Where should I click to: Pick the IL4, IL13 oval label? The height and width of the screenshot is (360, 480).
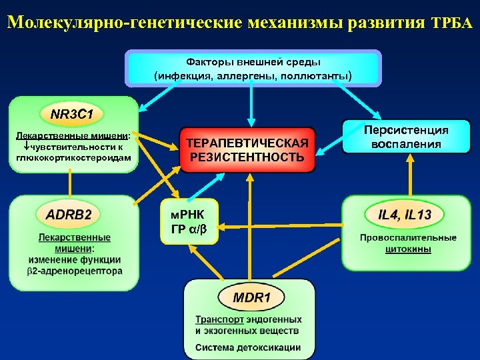click(x=405, y=215)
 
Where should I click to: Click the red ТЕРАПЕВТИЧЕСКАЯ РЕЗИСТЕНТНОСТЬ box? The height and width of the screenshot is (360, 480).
click(x=248, y=151)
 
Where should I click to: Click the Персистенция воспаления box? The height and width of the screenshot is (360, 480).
click(x=405, y=137)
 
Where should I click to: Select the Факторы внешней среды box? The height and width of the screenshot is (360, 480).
click(x=253, y=68)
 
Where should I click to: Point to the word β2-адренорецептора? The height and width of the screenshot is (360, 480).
click(x=75, y=271)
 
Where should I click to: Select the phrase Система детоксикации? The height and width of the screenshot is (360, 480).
click(x=248, y=347)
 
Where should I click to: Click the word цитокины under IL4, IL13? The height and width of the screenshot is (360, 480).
click(x=408, y=249)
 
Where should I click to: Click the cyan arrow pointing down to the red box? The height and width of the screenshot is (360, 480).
click(x=251, y=107)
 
